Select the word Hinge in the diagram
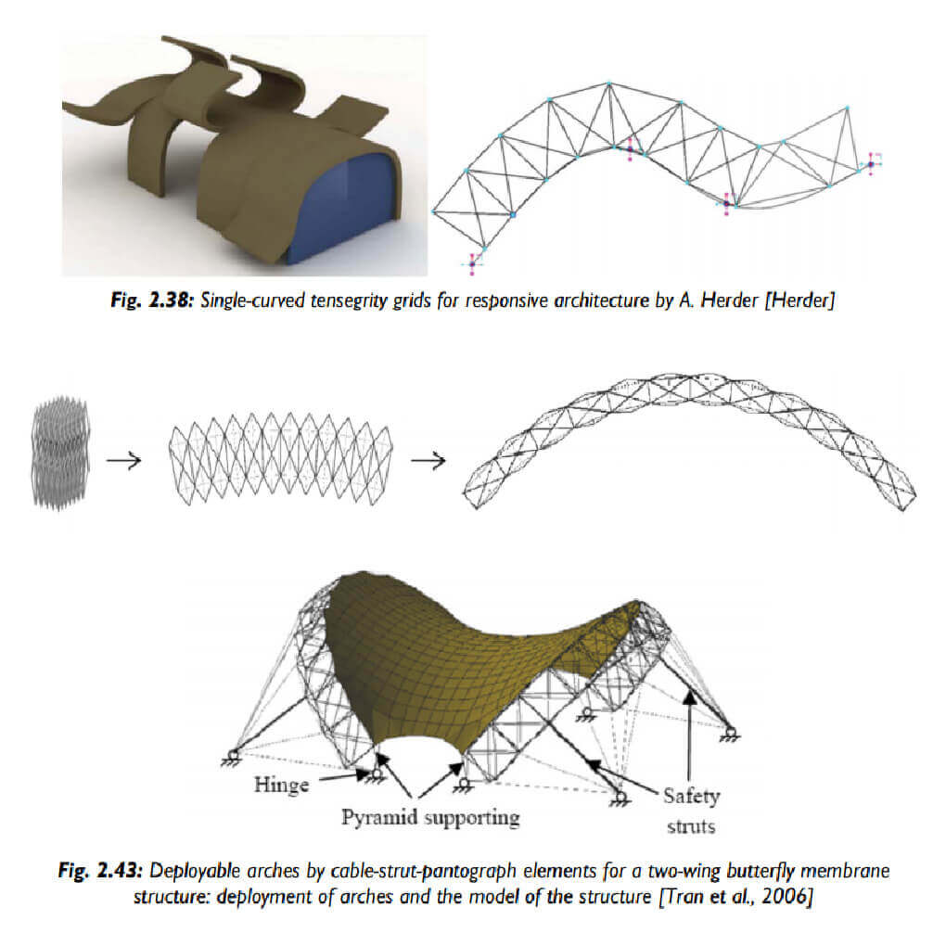coord(281,786)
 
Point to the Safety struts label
coord(691,809)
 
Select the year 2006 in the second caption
coord(783,895)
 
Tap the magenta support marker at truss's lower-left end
coord(472,263)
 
